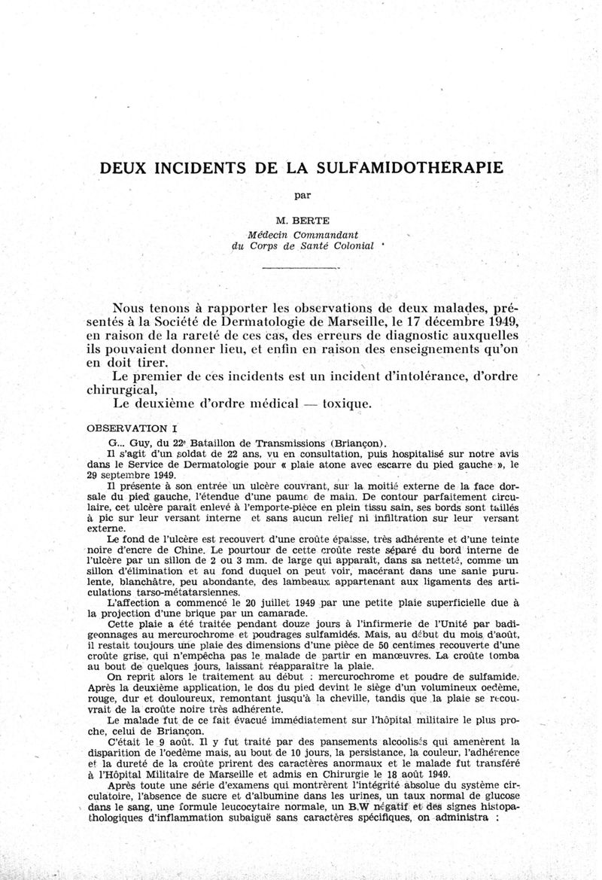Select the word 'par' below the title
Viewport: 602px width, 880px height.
coord(303,195)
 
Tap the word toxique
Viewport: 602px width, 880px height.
coord(346,403)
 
